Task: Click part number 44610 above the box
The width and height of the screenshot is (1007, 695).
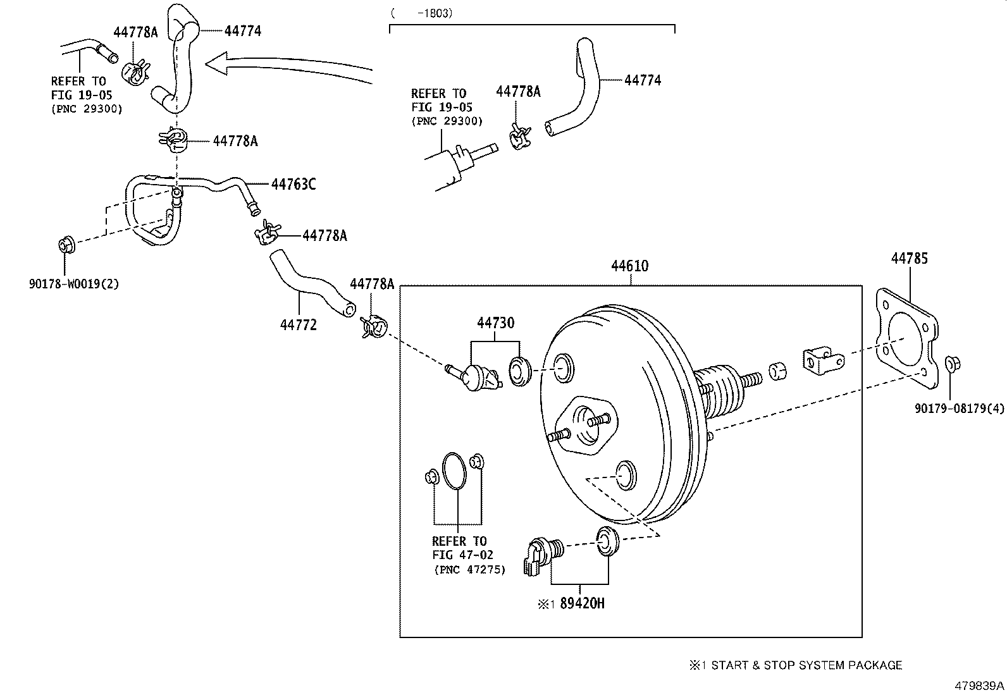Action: point(629,266)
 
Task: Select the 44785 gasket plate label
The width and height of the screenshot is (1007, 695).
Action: point(910,258)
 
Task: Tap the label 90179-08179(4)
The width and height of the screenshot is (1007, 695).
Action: point(959,409)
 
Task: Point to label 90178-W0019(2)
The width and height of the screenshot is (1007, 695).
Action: point(73,284)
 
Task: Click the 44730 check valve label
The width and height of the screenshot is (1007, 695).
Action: point(495,323)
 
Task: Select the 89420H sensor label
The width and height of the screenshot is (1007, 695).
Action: point(582,603)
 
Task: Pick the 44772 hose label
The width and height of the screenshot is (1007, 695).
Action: point(298,325)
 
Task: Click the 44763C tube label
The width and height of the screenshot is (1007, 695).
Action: point(293,185)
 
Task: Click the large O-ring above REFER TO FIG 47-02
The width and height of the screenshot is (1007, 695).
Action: point(455,471)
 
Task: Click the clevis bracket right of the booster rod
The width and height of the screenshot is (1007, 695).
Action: point(822,361)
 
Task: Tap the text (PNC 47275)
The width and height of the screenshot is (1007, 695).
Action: point(469,569)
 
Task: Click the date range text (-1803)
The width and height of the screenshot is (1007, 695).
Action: point(422,13)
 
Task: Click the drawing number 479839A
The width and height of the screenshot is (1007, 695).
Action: point(979,686)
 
